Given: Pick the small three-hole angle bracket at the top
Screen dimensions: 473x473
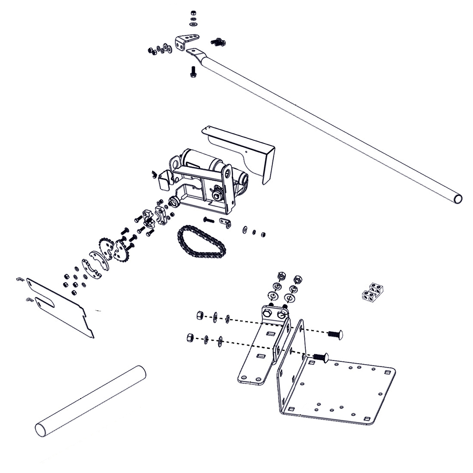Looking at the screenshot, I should [183, 41].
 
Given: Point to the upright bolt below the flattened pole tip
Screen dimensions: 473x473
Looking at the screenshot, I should [193, 72].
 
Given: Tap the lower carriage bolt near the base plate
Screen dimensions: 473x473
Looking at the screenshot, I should [319, 357].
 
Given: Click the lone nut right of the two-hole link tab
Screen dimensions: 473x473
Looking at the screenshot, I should [262, 235].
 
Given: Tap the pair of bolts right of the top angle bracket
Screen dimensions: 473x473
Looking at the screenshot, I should [217, 42].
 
